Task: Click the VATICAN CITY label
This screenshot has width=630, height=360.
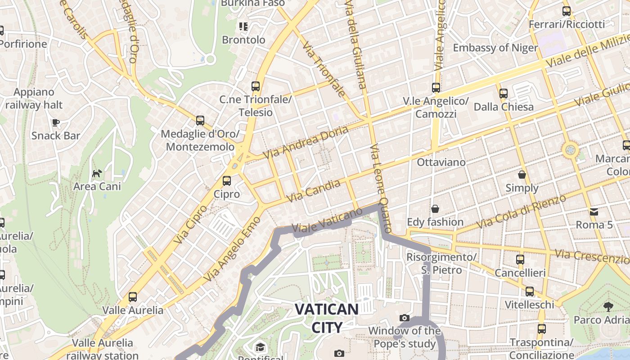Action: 327,318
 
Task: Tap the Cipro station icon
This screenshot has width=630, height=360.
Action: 227,181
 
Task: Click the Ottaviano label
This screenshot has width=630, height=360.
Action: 441,162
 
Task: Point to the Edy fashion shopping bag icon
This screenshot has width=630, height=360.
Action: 435,209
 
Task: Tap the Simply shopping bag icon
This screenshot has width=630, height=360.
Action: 522,175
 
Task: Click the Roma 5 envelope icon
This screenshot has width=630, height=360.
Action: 594,211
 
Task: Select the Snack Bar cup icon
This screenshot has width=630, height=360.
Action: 56,122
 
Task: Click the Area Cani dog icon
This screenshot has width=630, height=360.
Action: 97,173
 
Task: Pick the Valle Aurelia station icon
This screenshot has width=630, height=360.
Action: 132,297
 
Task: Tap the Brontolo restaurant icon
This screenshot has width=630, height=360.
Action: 243,27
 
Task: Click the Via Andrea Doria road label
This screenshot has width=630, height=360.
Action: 306,142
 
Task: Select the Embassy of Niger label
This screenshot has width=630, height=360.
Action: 495,48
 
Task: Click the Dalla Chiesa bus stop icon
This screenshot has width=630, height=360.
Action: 504,94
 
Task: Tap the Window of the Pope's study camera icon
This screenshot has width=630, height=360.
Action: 405,318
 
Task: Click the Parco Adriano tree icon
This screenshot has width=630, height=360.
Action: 608,307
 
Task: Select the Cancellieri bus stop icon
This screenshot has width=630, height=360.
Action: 520,260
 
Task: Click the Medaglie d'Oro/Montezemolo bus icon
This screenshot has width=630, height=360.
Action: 200,121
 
